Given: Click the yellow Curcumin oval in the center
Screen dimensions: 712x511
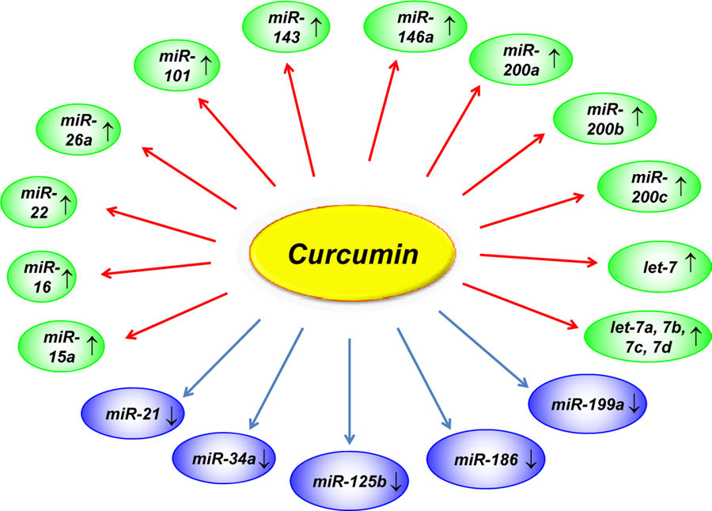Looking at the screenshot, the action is click(352, 253).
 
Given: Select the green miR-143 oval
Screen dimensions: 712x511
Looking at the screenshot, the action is click(286, 27).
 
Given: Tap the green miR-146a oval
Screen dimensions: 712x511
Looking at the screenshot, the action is click(415, 27).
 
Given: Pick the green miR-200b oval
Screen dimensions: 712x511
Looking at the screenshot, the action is click(605, 119).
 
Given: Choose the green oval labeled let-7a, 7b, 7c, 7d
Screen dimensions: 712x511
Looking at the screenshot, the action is click(647, 336).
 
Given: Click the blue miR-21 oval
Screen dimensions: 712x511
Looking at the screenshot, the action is click(133, 413).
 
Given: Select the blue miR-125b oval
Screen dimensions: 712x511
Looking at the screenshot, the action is click(349, 481).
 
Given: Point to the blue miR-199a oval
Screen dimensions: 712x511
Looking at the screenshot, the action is click(588, 403).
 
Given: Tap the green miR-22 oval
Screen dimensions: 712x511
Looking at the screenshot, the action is click(39, 203).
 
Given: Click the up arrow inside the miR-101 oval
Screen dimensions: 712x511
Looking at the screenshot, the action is click(206, 65).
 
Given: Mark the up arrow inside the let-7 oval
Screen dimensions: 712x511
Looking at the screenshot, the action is click(690, 263).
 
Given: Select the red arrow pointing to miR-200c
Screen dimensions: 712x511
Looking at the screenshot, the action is click(532, 210).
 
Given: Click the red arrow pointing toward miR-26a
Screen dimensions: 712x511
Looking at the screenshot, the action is click(189, 178).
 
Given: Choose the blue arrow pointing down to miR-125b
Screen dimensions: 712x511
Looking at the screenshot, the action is click(349, 391).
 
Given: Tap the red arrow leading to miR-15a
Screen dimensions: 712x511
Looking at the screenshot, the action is click(176, 316).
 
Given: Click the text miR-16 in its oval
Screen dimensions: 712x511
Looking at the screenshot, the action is click(42, 277).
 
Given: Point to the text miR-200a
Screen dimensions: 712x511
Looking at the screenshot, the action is click(521, 59).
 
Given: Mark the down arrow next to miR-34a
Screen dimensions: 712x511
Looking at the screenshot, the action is click(264, 460).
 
